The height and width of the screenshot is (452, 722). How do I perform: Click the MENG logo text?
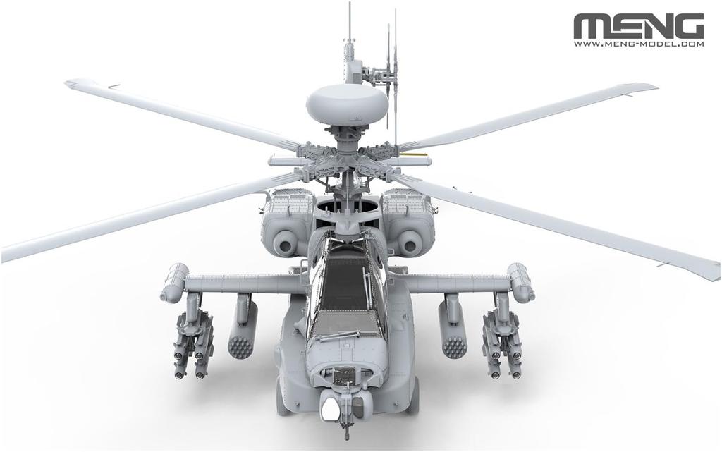pos(638,26)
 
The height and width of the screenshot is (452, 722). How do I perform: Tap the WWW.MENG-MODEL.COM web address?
pos(638,44)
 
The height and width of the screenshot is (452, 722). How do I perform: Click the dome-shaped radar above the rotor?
pos(347,104)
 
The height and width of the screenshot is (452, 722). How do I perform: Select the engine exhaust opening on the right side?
pos(408,243)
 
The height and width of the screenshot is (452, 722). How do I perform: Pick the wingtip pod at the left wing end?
pos(174,282)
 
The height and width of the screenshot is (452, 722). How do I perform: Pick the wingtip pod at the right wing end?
pos(520,282)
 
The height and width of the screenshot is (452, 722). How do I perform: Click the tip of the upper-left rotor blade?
pos(71,84)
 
